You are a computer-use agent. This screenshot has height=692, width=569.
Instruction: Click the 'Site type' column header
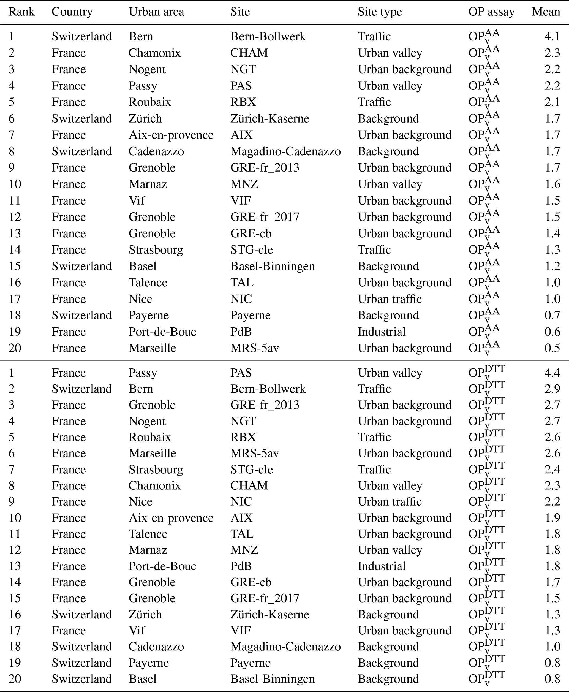pos(380,12)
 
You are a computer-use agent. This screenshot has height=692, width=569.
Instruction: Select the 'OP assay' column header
pos(491,12)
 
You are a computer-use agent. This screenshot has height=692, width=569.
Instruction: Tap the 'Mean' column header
pos(546,12)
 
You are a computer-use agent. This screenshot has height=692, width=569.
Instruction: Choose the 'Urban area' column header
pos(156,12)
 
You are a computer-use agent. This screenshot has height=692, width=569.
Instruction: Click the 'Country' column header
pos(72,12)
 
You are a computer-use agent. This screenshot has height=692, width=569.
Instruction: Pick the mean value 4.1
pos(552,36)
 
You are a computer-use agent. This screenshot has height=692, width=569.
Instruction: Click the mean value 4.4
pos(552,373)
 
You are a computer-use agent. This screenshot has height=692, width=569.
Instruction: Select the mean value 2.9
pos(552,389)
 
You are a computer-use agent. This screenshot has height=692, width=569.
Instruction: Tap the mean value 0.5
pos(552,348)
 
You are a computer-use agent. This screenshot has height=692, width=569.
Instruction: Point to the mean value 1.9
pos(552,518)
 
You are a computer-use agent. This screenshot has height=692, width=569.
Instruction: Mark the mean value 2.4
pos(552,470)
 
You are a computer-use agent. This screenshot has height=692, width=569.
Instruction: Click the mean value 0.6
pos(552,332)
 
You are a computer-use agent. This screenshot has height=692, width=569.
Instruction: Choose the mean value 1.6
pos(552,184)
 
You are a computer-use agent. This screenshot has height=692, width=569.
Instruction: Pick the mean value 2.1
pos(552,102)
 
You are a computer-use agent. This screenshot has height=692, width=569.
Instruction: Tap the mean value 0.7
pos(552,315)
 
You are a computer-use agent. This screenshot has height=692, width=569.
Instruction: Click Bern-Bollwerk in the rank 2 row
pos(268,389)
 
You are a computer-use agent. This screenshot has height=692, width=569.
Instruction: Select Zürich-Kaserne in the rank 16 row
pos(269,614)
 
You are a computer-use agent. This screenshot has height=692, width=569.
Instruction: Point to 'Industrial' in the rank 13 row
pos(382,566)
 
